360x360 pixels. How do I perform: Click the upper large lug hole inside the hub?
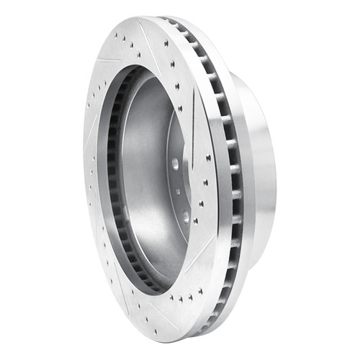point(175,164)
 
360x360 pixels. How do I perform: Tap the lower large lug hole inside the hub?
point(186,215)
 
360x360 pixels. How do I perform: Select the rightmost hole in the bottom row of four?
point(198,295)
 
